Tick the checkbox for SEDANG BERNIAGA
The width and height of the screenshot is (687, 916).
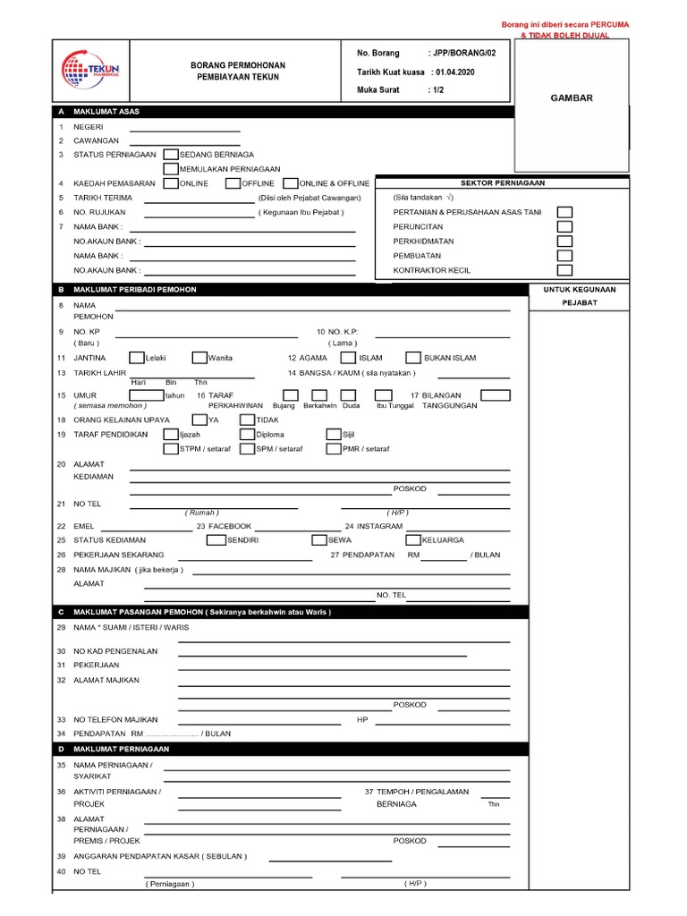pos(171,155)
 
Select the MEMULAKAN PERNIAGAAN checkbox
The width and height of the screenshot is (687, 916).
pos(171,168)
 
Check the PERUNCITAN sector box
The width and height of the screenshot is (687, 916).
pos(564,227)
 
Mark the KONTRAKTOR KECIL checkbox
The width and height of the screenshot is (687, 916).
pos(564,270)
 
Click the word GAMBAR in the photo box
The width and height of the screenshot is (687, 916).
pos(571,98)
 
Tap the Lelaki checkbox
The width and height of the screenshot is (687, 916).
pos(137,358)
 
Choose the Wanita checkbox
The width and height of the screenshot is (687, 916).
pos(199,358)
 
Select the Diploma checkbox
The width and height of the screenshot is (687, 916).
pos(248,435)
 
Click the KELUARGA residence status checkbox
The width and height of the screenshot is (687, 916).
pos(413,540)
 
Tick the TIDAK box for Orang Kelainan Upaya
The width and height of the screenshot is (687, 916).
pos(248,420)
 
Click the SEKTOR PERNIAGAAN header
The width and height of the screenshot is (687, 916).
pos(502,182)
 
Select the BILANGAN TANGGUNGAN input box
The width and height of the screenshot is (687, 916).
pos(495,394)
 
